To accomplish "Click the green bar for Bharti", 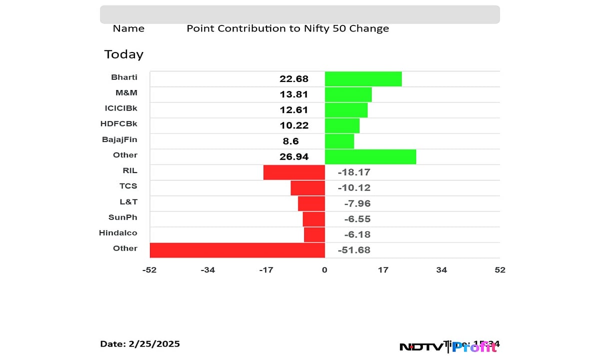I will coord(363,79).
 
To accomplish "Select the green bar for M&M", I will coord(348,94).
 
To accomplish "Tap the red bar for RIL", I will coord(294,172).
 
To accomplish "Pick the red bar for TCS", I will coord(307,187).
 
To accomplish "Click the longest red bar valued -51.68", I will coord(237,250).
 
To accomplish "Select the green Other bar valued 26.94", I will coord(370,156).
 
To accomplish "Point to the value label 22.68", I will coord(294,79).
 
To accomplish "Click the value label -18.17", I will coord(354,172).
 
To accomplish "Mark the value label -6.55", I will coord(357,219).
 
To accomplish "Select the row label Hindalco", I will coord(118,232).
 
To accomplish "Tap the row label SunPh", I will coord(122,217).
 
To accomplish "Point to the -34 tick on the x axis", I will coord(207,270).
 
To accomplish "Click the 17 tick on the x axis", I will coord(383,270).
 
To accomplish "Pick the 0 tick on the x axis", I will coord(324,270).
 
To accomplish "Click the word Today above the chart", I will coord(123,54).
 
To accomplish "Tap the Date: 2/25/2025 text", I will coord(140,344).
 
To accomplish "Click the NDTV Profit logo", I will coord(450,346).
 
